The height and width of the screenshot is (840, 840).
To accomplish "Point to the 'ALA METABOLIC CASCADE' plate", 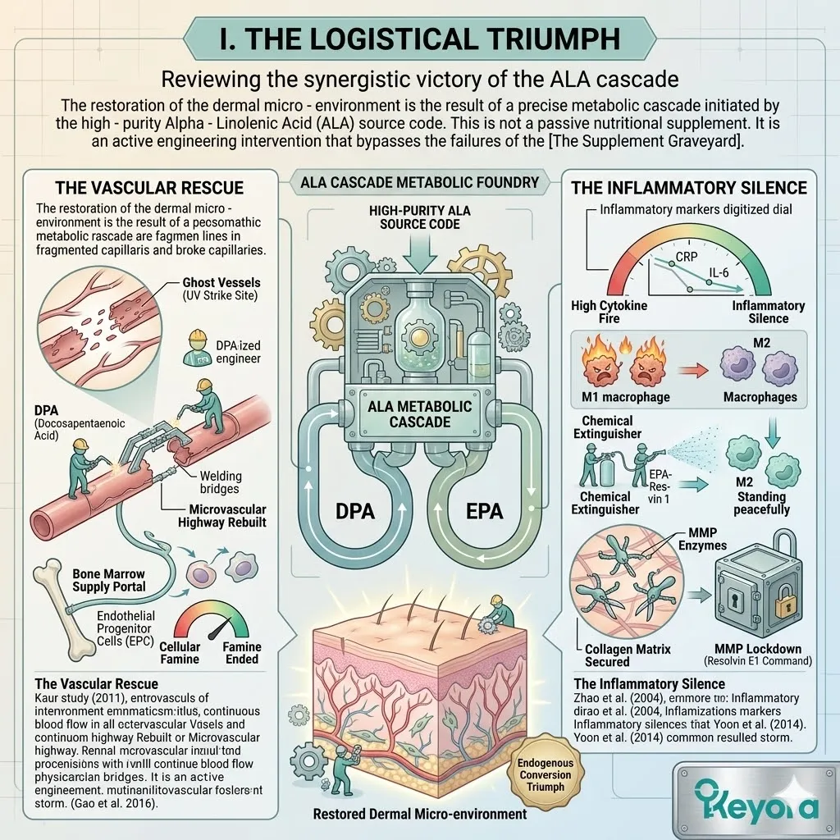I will [x=421, y=413].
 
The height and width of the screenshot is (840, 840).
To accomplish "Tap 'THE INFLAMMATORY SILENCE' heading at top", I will [x=689, y=188].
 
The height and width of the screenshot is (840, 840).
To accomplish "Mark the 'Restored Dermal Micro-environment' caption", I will [x=420, y=815].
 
